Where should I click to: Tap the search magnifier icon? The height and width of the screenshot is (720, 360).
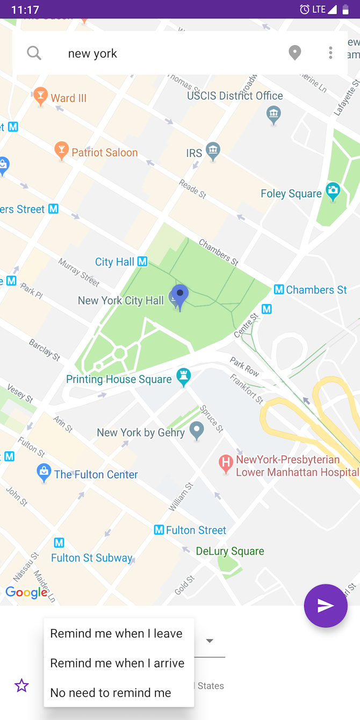[34, 53]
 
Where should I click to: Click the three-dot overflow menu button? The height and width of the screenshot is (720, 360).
[330, 53]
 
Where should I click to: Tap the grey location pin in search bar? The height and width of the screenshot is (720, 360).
[294, 53]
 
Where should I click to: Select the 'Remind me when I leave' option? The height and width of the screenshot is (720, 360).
[117, 633]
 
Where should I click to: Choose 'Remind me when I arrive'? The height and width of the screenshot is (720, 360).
[117, 663]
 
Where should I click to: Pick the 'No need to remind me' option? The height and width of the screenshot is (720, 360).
[111, 693]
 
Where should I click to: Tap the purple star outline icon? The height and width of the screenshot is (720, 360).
[21, 686]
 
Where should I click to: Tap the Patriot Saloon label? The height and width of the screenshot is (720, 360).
[105, 153]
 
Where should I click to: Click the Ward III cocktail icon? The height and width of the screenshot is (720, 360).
[40, 97]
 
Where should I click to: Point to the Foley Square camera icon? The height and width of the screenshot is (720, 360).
[333, 191]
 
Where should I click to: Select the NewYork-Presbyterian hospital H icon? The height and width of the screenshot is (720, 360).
[226, 463]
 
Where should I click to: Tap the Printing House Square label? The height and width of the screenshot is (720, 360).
[119, 379]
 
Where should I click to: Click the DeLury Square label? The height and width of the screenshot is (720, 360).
[230, 551]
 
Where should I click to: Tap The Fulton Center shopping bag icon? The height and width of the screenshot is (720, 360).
[44, 473]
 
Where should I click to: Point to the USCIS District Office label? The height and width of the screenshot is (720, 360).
[235, 96]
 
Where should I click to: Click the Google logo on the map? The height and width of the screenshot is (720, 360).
[26, 593]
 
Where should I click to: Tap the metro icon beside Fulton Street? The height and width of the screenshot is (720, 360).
[159, 530]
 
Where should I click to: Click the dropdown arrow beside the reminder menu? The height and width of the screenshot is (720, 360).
[210, 640]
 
